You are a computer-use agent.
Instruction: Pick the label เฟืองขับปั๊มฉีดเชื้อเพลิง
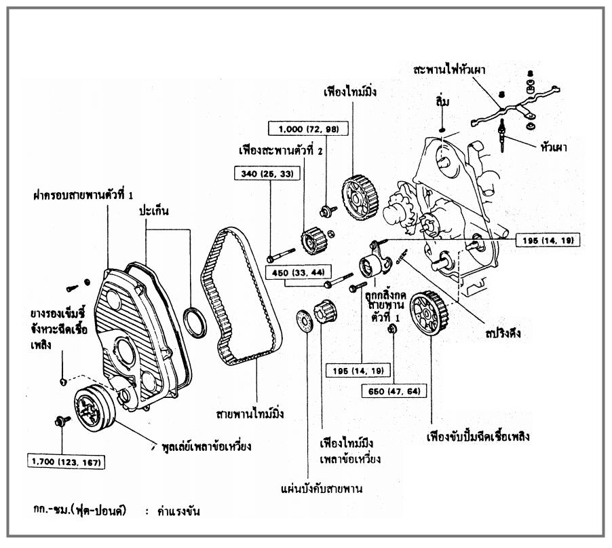478,437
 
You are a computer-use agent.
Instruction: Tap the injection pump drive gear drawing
429,312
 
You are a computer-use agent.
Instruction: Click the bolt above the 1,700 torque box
60,422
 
